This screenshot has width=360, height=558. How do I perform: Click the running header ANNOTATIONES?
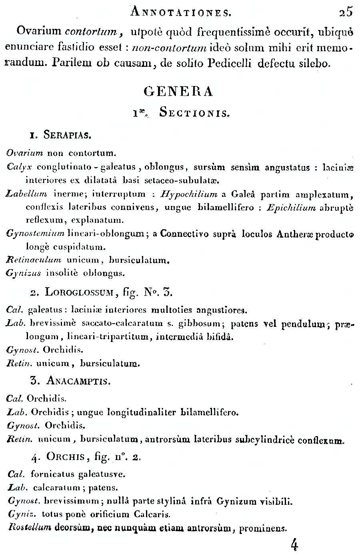[x=181, y=12]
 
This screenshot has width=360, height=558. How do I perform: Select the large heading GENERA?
[x=178, y=92]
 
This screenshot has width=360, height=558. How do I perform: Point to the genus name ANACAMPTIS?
[x=78, y=380]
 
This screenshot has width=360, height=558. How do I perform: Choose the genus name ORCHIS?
[x=62, y=456]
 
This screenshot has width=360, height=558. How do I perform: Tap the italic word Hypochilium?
[x=189, y=195]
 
